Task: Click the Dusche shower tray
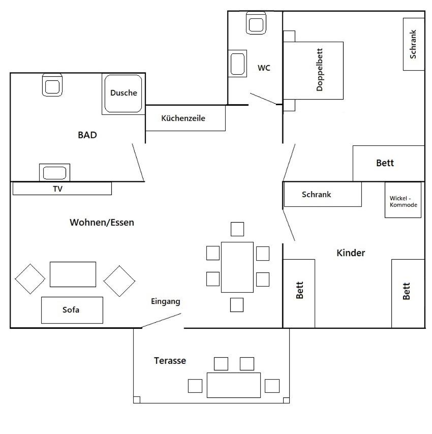coord(124,94)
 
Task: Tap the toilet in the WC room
coord(256,23)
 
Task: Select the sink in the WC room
coord(237,64)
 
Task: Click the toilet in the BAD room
coord(52,85)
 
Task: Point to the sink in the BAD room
coord(54,172)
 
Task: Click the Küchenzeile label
coord(183,118)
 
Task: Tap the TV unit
coord(62,189)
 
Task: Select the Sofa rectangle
coord(72,310)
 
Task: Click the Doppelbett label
coord(319,70)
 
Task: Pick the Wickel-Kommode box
coord(403,200)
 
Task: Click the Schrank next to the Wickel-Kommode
coord(323,194)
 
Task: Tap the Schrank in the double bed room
coord(414,44)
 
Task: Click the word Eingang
coord(166,301)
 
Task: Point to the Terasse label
coord(170,361)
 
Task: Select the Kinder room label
coord(351,253)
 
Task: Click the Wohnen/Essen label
coord(102,222)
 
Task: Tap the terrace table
coord(234,385)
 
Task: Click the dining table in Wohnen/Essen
coord(237,267)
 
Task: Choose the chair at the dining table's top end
coord(237,229)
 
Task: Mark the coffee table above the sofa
coord(73,274)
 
